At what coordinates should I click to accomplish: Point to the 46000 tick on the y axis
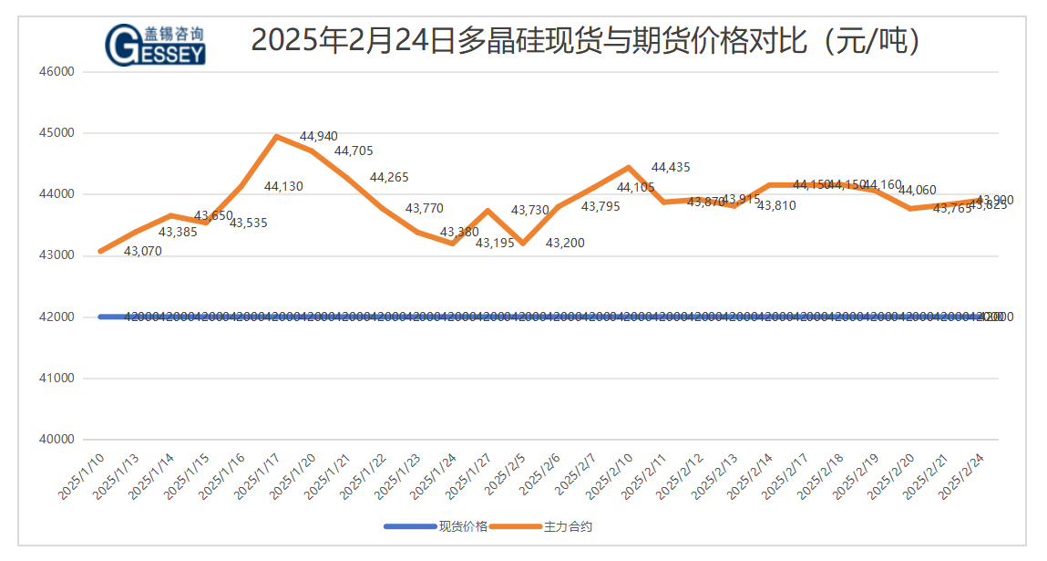click(57, 71)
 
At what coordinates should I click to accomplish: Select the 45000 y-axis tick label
click(57, 132)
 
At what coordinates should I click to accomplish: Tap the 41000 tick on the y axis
click(57, 378)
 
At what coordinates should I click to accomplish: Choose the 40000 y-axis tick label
click(57, 439)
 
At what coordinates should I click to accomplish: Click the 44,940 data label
click(318, 137)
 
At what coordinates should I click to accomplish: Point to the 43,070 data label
click(142, 251)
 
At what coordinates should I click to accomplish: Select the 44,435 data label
click(671, 167)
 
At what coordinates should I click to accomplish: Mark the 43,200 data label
click(565, 243)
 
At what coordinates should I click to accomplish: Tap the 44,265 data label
click(389, 177)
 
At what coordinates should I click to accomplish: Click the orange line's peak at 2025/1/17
click(276, 137)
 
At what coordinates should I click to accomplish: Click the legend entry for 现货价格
click(437, 526)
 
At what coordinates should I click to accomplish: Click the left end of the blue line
click(100, 317)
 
